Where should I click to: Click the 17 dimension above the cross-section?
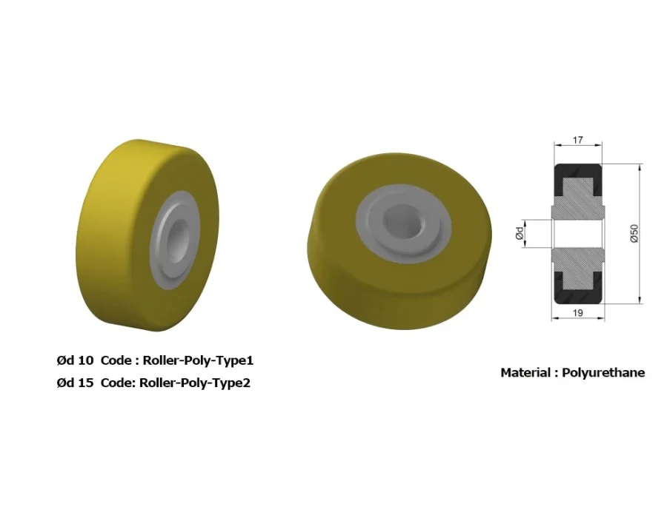577,140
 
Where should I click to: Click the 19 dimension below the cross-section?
577,313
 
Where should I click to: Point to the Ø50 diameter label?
634,234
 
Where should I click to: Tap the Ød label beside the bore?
520,233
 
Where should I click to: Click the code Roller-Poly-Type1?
198,360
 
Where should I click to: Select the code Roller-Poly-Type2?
195,383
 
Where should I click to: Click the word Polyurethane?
603,373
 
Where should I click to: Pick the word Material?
525,373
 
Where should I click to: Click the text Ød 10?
75,360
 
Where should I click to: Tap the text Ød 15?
75,383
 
